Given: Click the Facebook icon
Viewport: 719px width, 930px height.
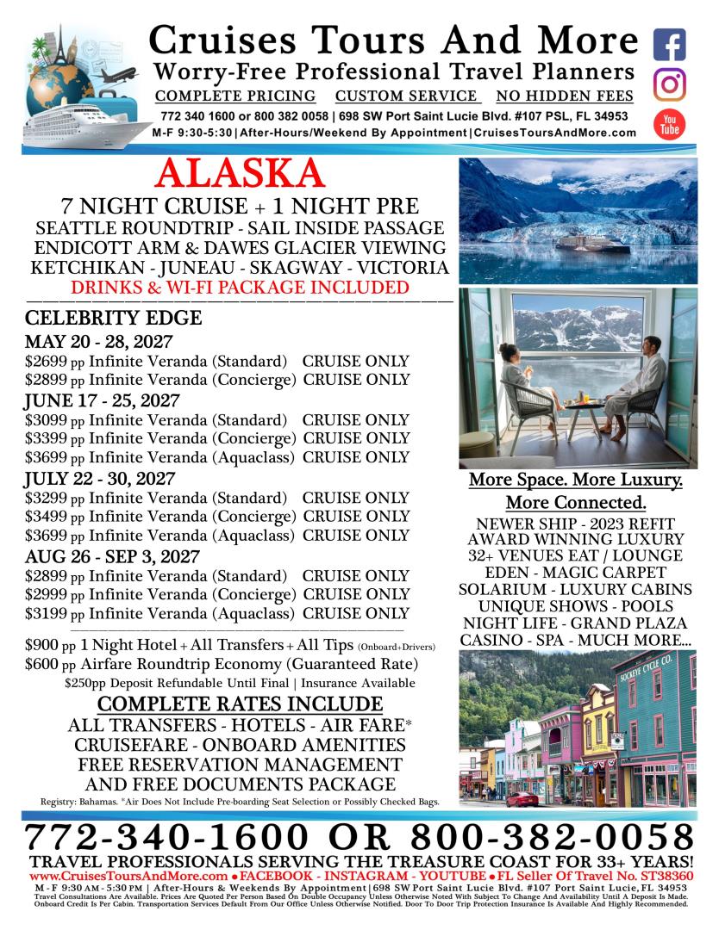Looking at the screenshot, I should [669, 44].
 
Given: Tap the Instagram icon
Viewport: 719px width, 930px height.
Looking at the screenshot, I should [669, 84].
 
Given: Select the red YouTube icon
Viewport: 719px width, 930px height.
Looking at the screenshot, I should [669, 124].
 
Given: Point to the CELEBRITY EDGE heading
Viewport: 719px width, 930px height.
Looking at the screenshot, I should [114, 318].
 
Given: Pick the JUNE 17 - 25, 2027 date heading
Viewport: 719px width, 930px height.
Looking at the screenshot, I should [102, 400].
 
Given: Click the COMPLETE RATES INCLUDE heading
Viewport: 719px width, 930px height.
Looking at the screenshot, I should [228, 704].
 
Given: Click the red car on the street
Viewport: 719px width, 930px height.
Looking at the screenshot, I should [522, 799].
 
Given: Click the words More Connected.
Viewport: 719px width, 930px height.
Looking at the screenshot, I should [576, 502].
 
